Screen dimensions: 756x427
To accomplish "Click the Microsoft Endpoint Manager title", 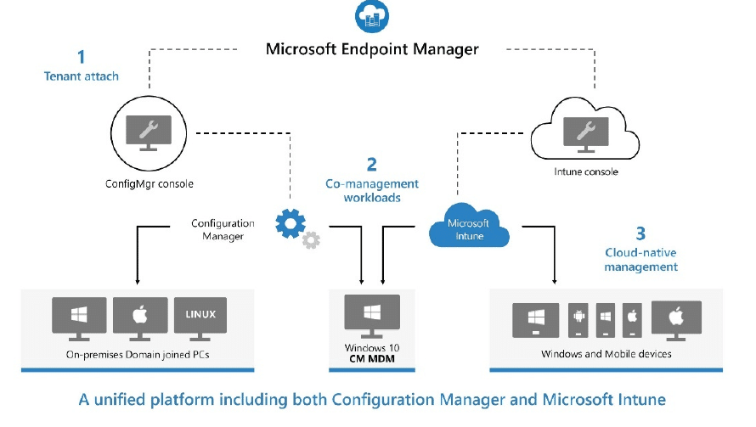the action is point(372,49).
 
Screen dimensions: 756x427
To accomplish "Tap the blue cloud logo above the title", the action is point(372,16).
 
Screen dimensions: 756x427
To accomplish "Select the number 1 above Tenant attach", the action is point(82,57).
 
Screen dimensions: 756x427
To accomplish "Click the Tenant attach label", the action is point(81,76).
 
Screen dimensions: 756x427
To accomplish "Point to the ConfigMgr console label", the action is point(149,183).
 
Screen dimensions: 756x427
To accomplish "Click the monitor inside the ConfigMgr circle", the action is point(149,133).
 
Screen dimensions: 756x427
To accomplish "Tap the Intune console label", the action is point(586,171).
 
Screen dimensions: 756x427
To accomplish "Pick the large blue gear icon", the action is point(291,223).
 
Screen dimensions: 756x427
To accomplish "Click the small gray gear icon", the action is point(311,240).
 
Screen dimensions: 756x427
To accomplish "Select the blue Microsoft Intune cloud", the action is point(469,226).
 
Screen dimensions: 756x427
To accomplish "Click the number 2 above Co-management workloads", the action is point(372,165).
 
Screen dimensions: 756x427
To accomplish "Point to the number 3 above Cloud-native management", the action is point(640,233).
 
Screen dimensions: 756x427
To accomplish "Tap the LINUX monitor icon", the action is point(200,318).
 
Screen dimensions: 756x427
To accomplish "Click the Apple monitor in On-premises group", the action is point(140,318).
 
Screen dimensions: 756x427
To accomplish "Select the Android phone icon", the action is point(578,319).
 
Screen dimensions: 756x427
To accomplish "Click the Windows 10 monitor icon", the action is point(372,316).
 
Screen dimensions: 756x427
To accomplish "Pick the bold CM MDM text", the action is point(372,358).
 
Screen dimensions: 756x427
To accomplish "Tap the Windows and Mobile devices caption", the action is point(606,354).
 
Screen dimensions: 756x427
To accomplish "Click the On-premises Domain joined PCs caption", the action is point(138,355).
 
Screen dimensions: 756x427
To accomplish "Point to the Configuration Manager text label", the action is point(223,229).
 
